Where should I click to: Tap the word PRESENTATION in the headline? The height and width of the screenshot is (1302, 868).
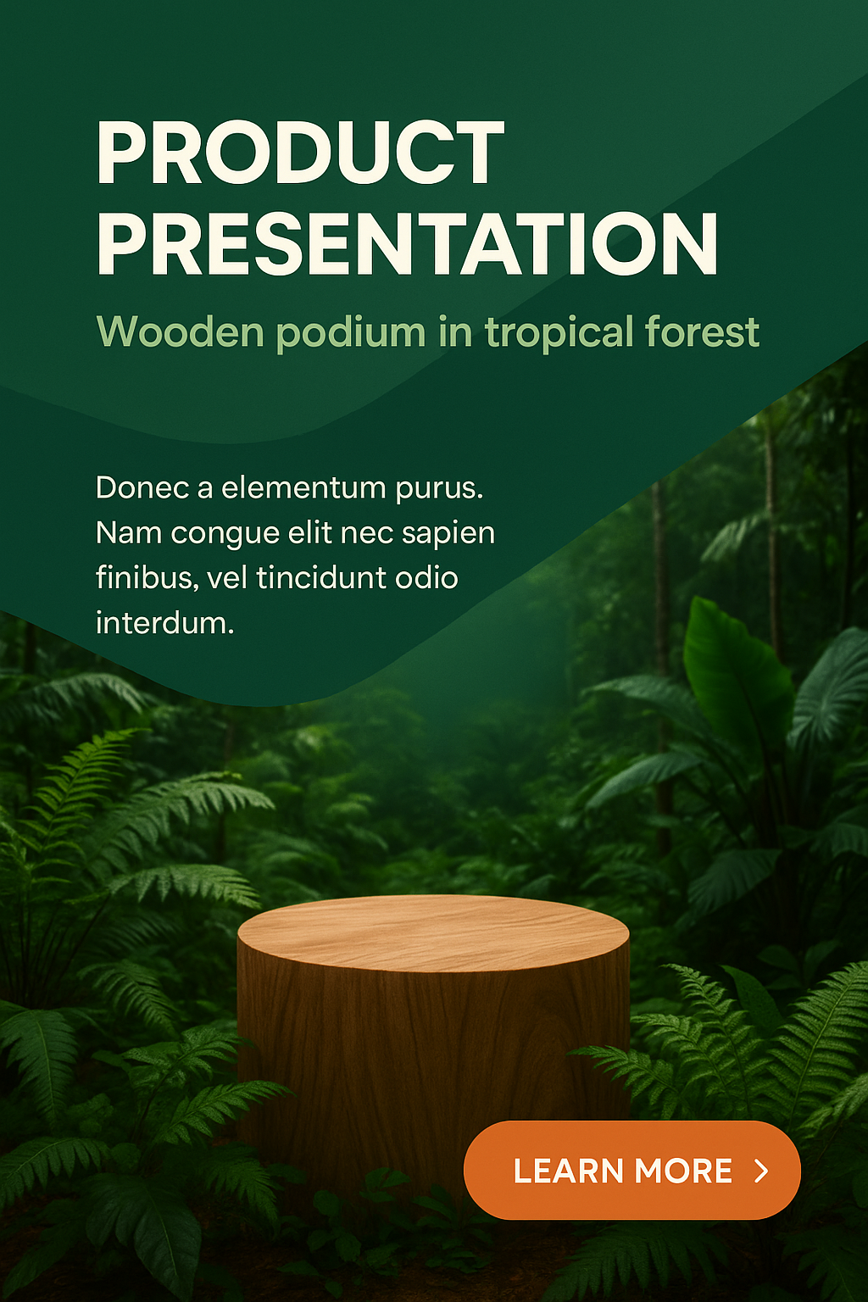(407, 243)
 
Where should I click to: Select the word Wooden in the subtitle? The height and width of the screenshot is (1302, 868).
(181, 331)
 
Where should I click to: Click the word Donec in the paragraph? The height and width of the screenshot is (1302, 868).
(142, 487)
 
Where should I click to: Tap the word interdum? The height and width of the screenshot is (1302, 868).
(165, 622)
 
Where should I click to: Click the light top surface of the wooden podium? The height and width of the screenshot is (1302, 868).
(433, 933)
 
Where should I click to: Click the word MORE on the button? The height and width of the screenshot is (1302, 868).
(683, 1171)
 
